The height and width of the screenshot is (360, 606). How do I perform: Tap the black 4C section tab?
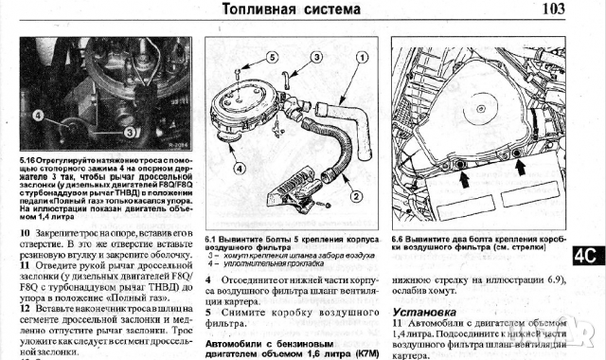pyautogui.click(x=586, y=255)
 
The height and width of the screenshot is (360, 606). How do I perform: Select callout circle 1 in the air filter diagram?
pyautogui.click(x=361, y=57)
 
